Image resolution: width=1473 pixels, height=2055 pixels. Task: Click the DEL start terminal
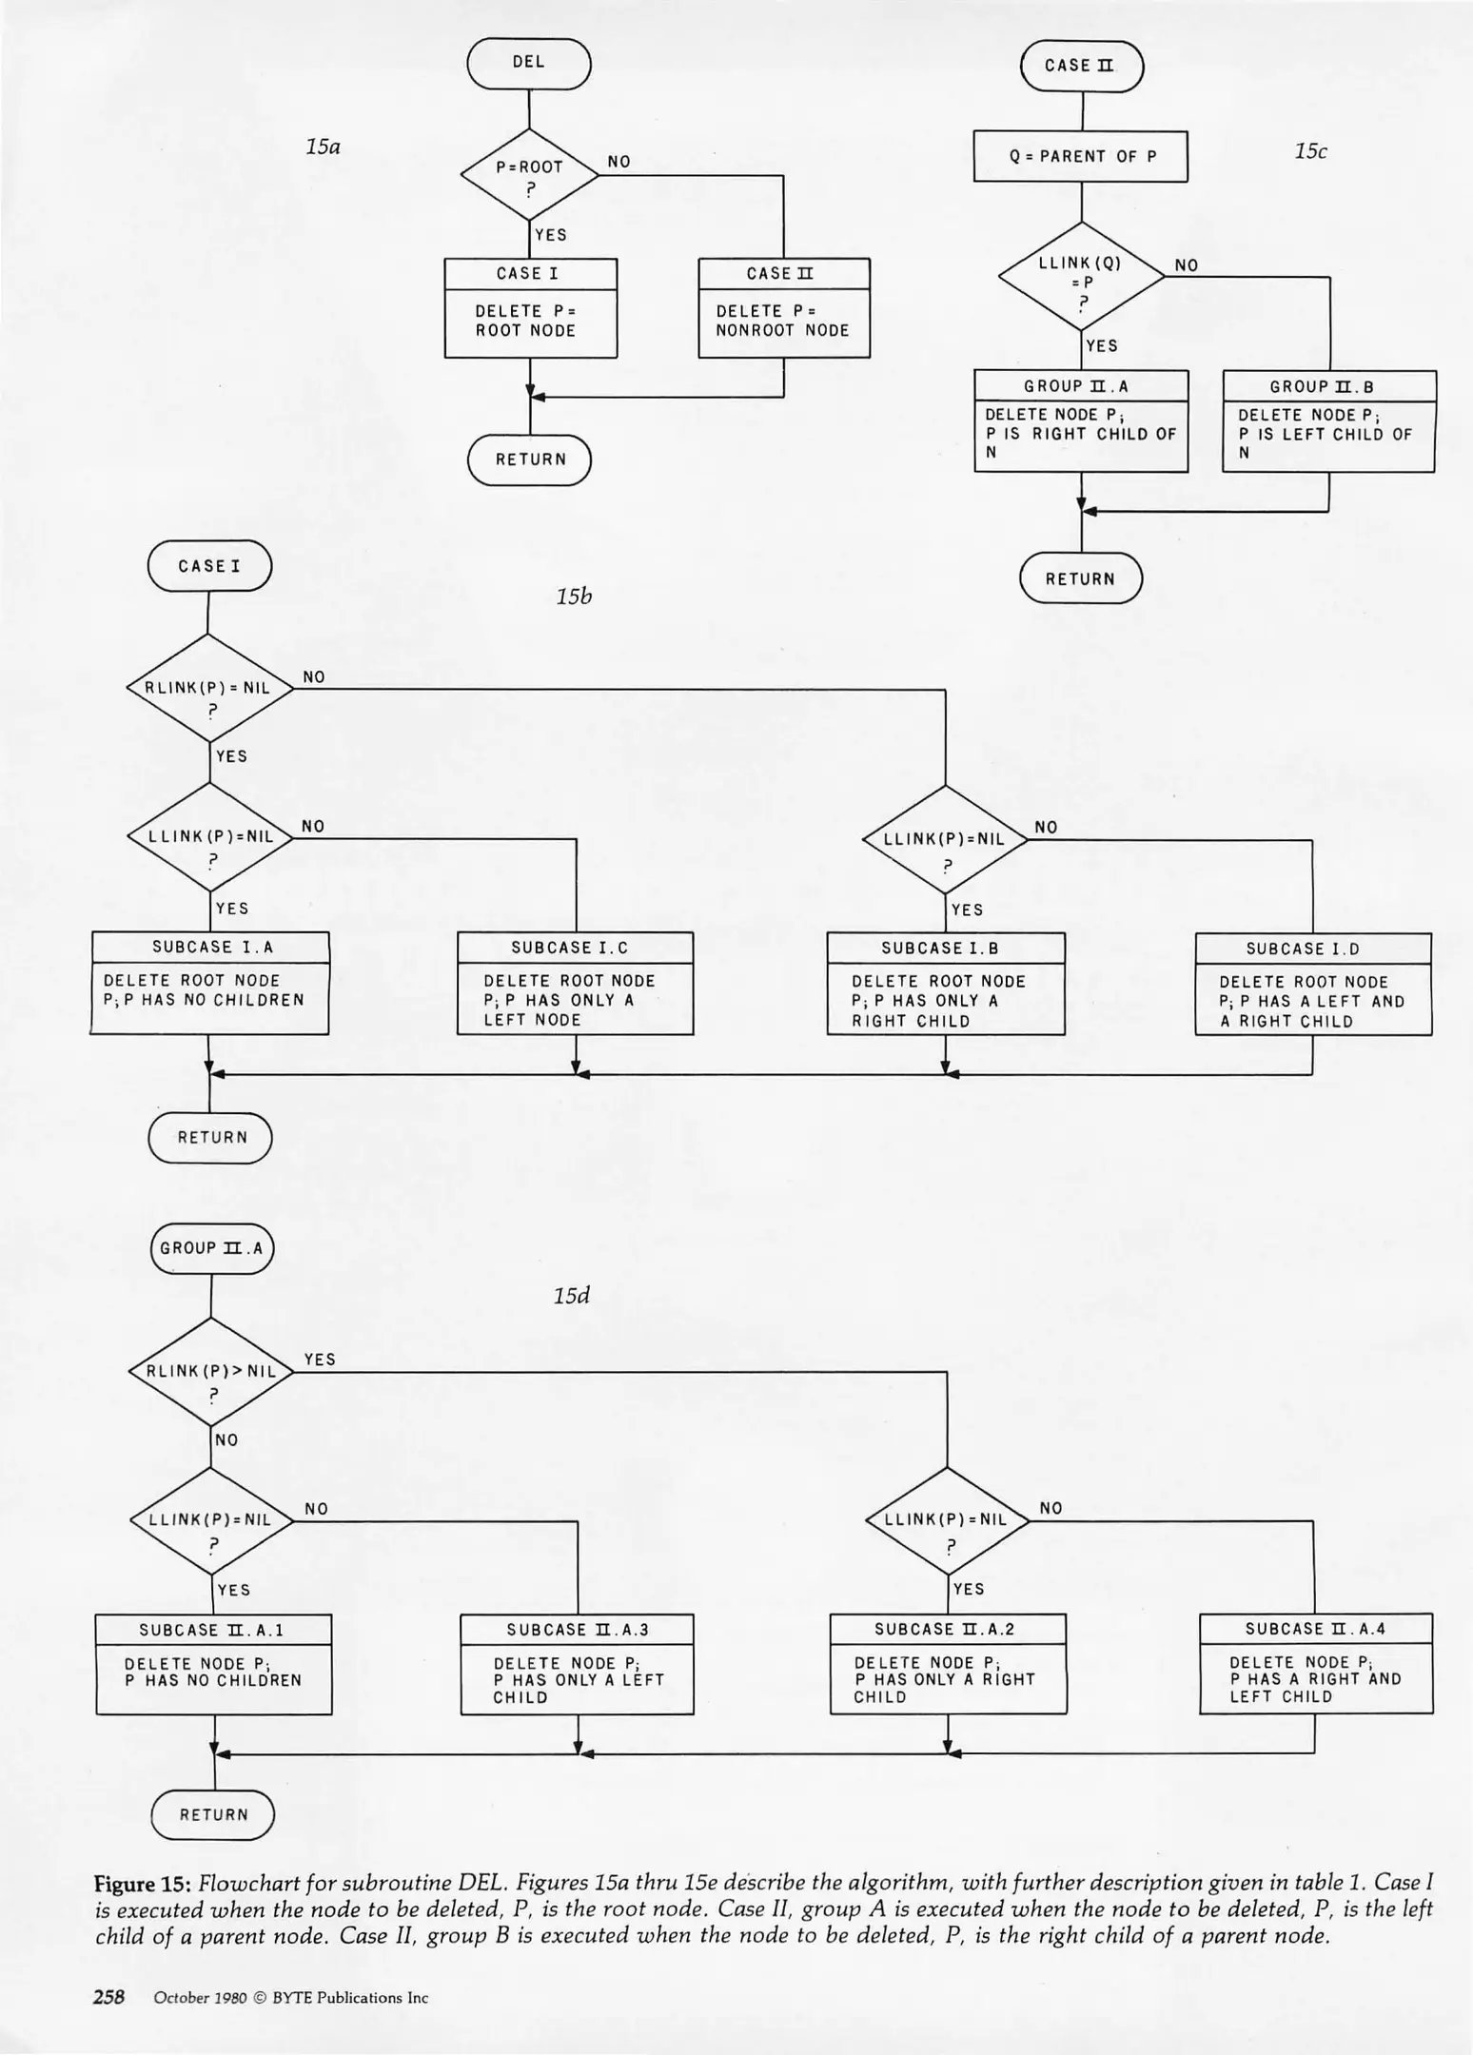[x=529, y=64]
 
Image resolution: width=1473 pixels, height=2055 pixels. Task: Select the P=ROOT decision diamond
[x=529, y=175]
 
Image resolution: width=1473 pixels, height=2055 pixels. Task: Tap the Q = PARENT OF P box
[x=1081, y=156]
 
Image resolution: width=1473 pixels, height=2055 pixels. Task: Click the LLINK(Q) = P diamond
[x=1081, y=277]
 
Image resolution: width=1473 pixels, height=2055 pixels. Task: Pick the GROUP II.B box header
[x=1328, y=386]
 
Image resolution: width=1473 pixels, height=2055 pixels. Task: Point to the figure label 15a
[x=323, y=147]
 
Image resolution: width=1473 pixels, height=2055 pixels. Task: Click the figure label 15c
[x=1310, y=151]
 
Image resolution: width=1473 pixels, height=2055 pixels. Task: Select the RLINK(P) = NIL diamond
[x=209, y=688]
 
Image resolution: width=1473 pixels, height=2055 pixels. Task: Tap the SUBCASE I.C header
[x=576, y=948]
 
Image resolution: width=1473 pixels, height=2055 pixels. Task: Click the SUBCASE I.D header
[x=1313, y=949]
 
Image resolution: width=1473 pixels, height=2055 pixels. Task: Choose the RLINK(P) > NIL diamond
[x=210, y=1371]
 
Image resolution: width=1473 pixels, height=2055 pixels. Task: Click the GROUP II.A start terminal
[x=211, y=1248]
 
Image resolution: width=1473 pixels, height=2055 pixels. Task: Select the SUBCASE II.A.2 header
[x=948, y=1629]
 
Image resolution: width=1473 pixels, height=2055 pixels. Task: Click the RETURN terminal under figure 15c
[x=1081, y=578]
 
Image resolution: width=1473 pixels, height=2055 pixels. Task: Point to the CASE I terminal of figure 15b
[x=209, y=566]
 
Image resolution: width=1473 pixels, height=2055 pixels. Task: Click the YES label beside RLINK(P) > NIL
[x=320, y=1360]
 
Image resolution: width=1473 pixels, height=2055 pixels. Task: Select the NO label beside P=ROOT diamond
[x=619, y=162]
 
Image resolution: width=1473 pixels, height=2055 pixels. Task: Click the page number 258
[x=108, y=1997]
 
